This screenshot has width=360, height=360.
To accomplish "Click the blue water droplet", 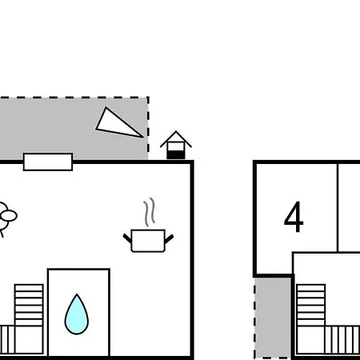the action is point(77,314).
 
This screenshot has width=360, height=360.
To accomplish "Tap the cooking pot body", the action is point(148,241).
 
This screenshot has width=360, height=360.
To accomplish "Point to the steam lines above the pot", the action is point(150,212).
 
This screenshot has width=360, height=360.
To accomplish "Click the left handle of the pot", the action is point(127,238).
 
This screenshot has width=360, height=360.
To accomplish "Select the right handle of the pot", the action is point(169,238).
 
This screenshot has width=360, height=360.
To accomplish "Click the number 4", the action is point(294,217).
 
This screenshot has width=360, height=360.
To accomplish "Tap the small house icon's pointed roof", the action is point(176,138).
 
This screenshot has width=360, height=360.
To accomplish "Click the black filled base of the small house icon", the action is point(176,155).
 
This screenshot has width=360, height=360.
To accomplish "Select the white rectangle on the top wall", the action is point(48,162).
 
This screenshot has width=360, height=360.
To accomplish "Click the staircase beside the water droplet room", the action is point(29,305).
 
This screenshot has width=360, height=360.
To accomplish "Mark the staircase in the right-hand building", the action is point(310,305).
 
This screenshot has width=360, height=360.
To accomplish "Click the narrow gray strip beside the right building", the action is point(273,318).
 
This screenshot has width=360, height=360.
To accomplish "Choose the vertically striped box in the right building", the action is point(342,340).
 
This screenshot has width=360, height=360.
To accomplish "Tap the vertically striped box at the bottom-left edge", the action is point(7,339).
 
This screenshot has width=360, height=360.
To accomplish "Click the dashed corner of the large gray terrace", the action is point(148,98).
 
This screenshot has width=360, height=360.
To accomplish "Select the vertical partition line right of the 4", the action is point(338,207).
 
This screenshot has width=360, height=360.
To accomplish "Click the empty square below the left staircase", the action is point(29,340).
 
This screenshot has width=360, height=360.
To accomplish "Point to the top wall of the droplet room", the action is point(78,270).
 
